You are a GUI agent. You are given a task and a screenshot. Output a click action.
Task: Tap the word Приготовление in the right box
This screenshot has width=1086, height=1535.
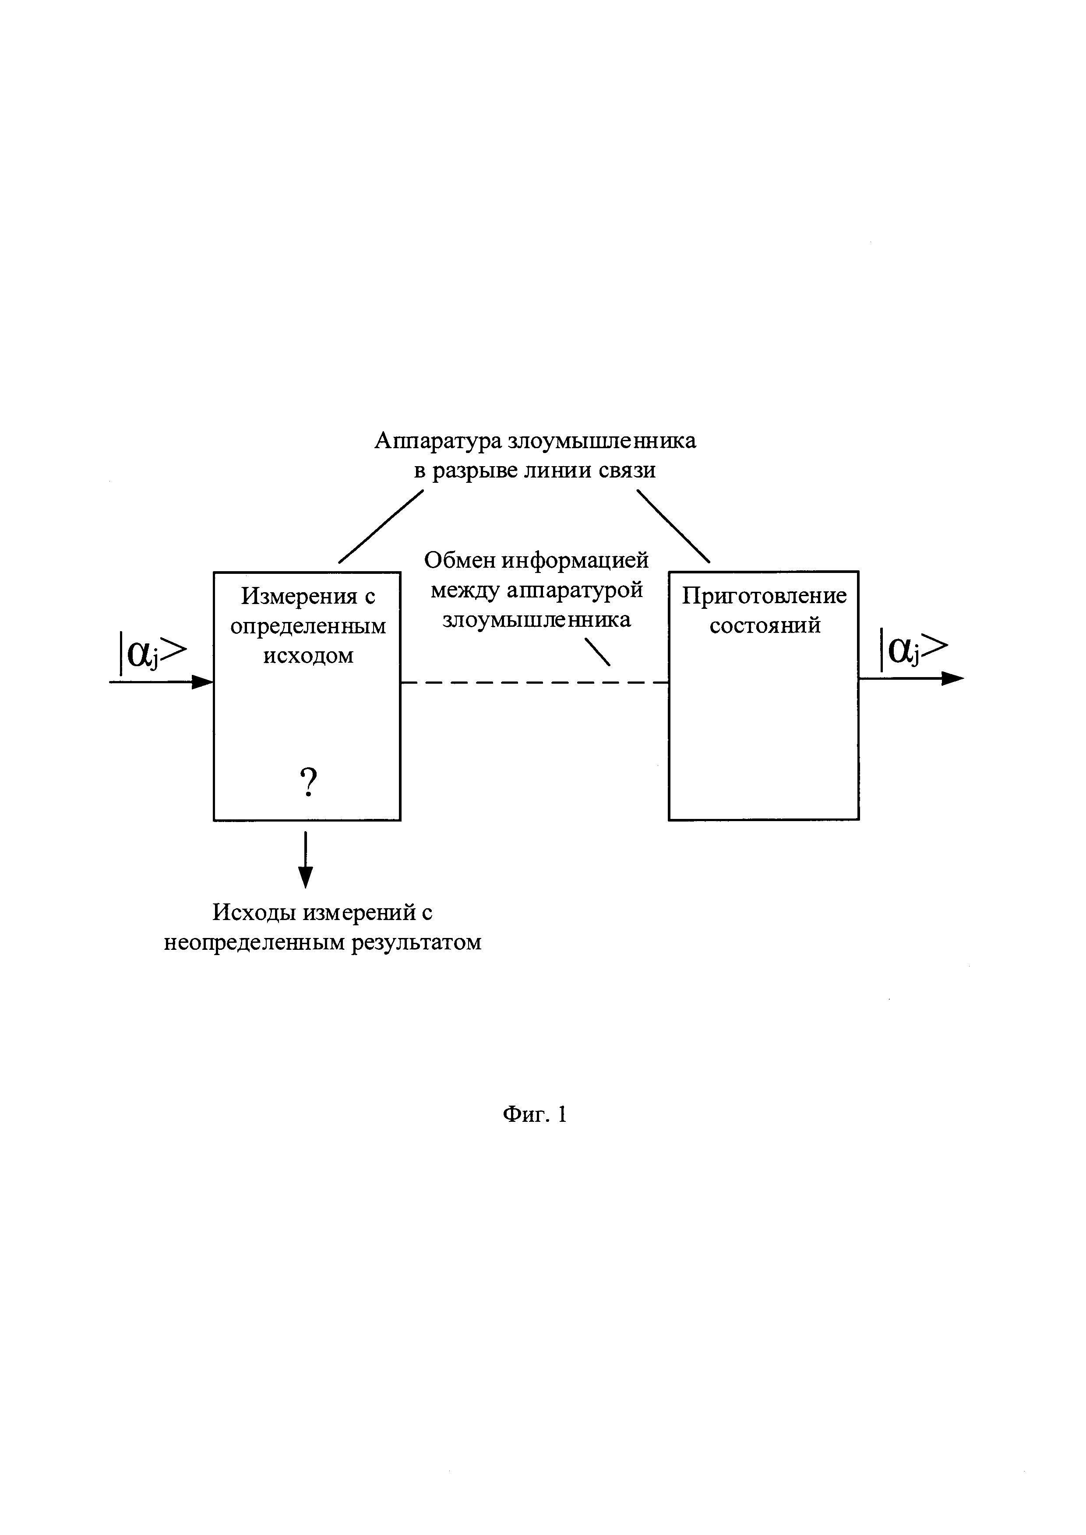coord(764,596)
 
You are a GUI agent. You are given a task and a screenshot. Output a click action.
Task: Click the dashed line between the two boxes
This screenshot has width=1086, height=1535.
coord(535,683)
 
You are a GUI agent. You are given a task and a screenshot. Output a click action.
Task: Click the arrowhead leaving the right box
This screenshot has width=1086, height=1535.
coord(953,678)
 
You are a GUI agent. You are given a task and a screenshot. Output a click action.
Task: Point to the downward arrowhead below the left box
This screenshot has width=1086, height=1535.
coord(306,876)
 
